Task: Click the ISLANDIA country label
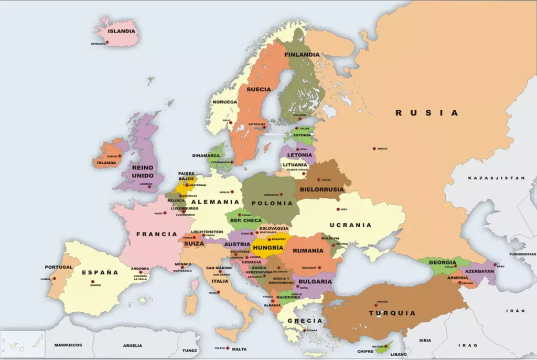coord(122,31)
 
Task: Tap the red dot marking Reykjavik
coord(108,41)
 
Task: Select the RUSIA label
coord(426,113)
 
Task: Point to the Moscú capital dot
coord(374,149)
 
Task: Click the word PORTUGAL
coord(59,267)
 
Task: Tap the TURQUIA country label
coord(392,313)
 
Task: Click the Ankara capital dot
coord(376,303)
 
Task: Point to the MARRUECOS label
coord(68,345)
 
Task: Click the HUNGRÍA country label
coord(268,247)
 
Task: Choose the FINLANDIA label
coord(302,55)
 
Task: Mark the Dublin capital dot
coord(120,156)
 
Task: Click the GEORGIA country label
coord(442,262)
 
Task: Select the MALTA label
coord(239,349)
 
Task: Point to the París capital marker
coord(165,213)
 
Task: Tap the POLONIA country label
coord(272,203)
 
